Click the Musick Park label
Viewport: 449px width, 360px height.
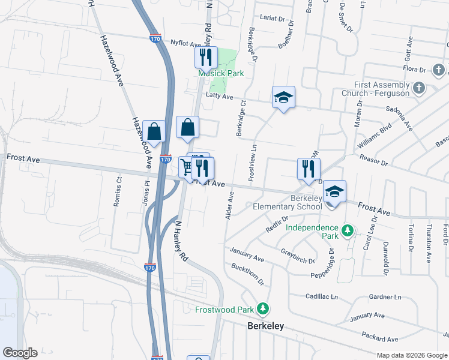(221, 73)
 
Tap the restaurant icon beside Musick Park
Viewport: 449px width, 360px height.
(205, 58)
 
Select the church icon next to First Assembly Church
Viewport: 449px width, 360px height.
(419, 88)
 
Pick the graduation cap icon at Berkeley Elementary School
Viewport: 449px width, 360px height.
(335, 192)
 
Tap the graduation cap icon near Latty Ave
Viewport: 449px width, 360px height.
(283, 98)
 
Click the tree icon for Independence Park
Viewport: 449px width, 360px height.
(347, 230)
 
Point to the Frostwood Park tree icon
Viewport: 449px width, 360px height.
(262, 308)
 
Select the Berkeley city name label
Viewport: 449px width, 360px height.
(265, 326)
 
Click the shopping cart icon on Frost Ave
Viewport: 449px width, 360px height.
(187, 166)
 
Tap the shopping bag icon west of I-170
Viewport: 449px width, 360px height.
(154, 131)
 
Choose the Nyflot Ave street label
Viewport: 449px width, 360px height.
(185, 44)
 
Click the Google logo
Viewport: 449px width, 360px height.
(20, 353)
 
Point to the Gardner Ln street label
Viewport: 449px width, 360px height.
(385, 297)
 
